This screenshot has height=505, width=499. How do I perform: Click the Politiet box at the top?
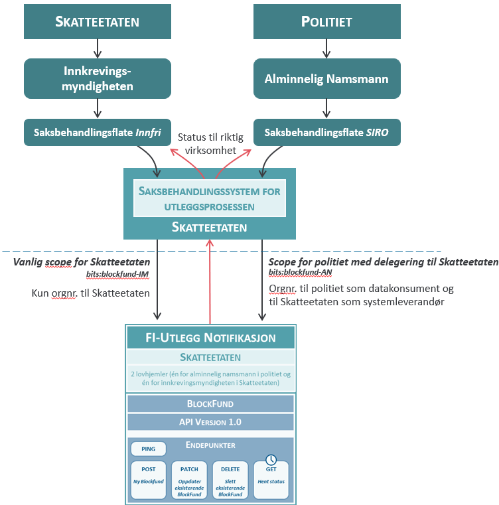click(327, 22)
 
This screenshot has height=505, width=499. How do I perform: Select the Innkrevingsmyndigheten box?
click(98, 78)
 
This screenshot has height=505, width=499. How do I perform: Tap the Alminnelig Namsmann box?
click(327, 78)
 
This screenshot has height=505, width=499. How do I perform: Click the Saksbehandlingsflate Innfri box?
click(98, 132)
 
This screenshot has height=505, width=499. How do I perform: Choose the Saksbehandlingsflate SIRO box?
click(327, 132)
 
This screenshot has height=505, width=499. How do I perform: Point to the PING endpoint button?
click(148, 449)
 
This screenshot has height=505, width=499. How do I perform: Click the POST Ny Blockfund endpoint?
click(148, 480)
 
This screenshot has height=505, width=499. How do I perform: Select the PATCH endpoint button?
click(189, 480)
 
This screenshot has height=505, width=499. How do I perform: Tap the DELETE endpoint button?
click(230, 480)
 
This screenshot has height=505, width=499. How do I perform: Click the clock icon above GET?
click(271, 460)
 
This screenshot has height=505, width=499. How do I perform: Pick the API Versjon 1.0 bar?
click(210, 422)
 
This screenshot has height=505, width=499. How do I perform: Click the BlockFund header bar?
click(210, 403)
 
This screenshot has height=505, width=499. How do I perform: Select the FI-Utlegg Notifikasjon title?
click(211, 338)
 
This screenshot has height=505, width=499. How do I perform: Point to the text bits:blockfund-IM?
click(117, 274)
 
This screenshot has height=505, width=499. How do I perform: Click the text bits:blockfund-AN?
click(300, 272)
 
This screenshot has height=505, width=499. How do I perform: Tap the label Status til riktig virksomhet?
click(211, 143)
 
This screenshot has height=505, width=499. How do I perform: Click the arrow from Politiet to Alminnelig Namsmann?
click(326, 48)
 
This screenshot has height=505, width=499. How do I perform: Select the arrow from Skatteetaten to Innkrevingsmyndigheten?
click(98, 48)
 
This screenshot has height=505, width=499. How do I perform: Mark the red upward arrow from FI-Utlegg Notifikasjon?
click(210, 282)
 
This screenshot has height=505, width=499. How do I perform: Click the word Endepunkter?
click(210, 445)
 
